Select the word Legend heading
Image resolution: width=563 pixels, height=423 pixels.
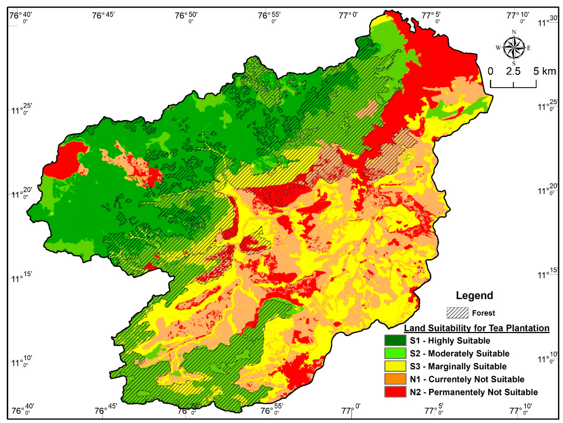click(474, 296)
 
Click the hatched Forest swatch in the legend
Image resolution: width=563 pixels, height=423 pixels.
click(457, 313)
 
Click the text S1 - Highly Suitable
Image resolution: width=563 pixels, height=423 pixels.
click(450, 341)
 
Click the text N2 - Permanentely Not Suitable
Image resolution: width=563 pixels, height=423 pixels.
click(473, 392)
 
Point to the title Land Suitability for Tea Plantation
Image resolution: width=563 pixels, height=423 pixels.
click(477, 328)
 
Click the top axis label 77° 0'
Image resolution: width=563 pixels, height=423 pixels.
click(348, 16)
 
